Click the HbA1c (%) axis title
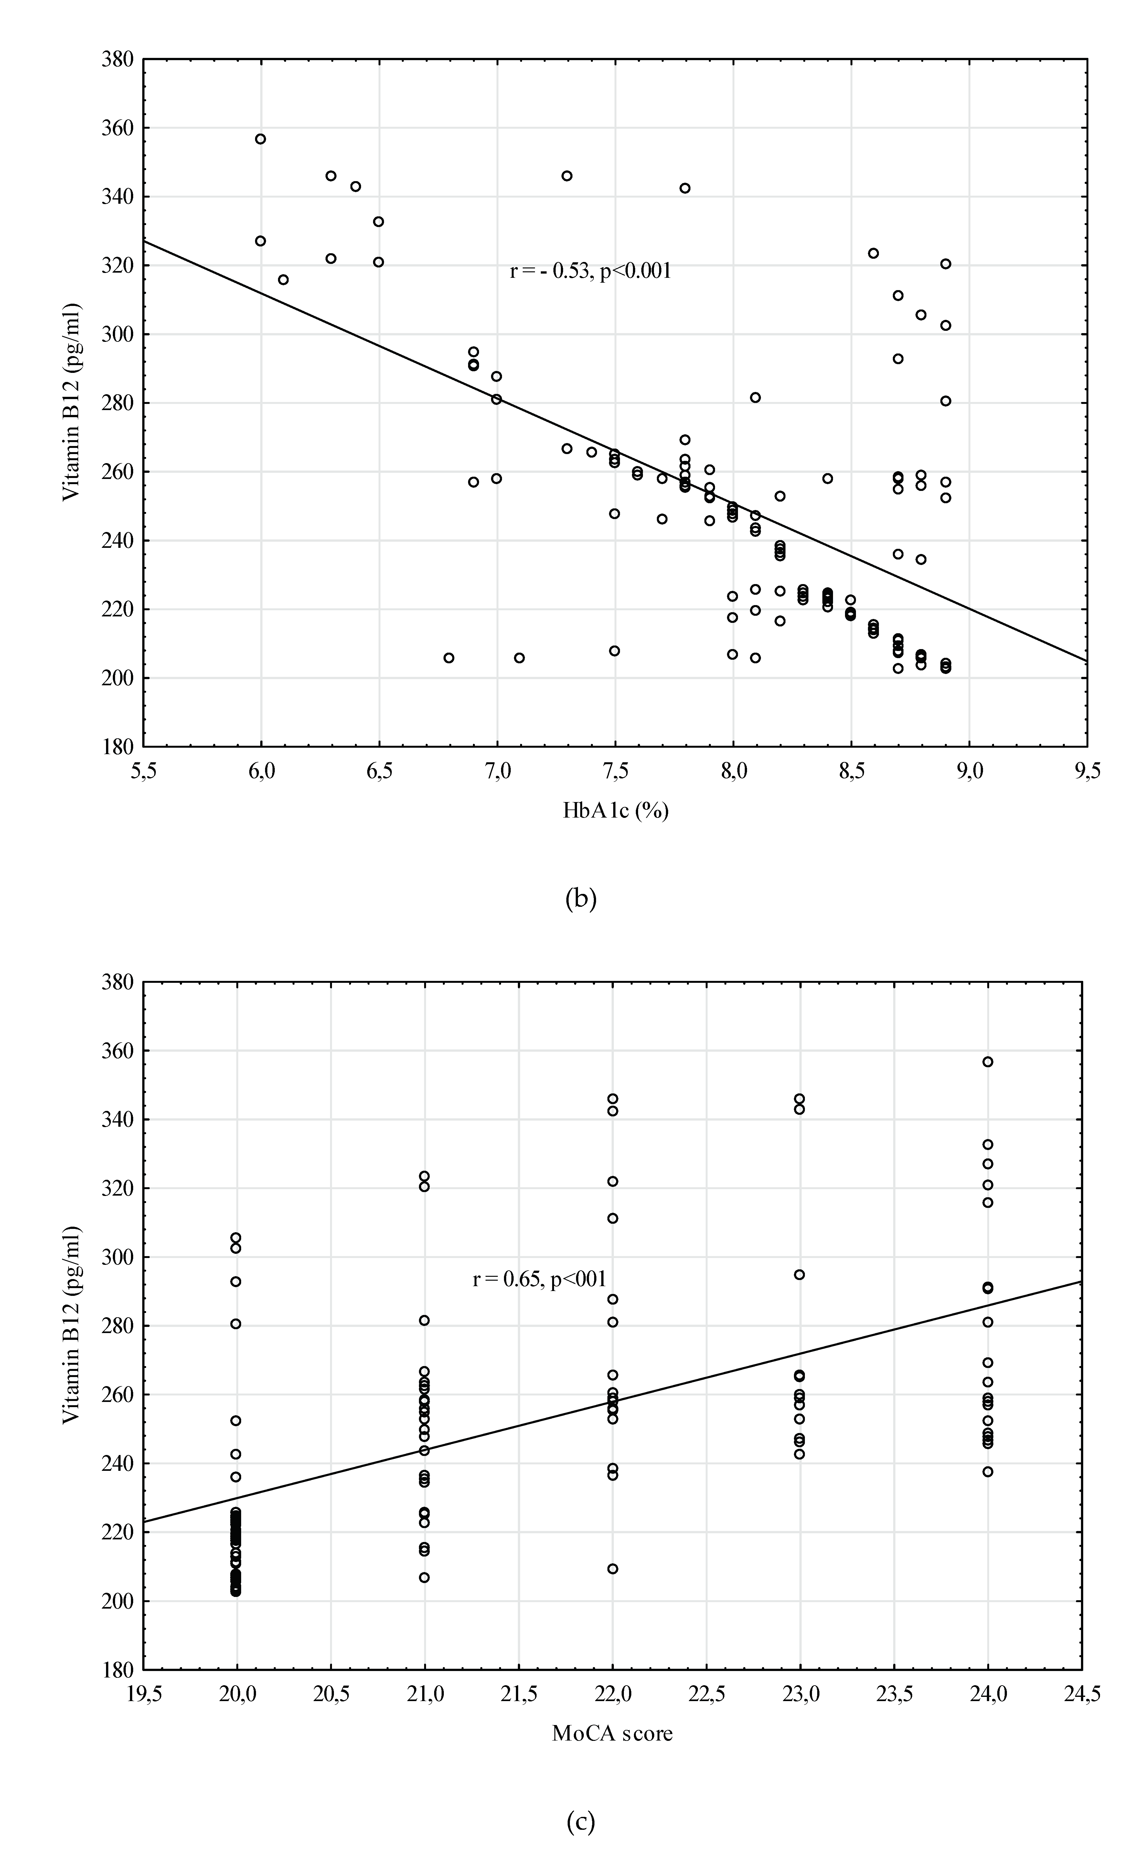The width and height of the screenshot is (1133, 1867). (615, 811)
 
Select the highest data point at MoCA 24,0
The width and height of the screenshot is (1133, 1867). (988, 1061)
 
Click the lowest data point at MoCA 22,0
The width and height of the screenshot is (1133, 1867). (613, 1568)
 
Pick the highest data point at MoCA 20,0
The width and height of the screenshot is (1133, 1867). (236, 1238)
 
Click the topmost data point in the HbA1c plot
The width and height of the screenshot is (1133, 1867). (261, 139)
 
